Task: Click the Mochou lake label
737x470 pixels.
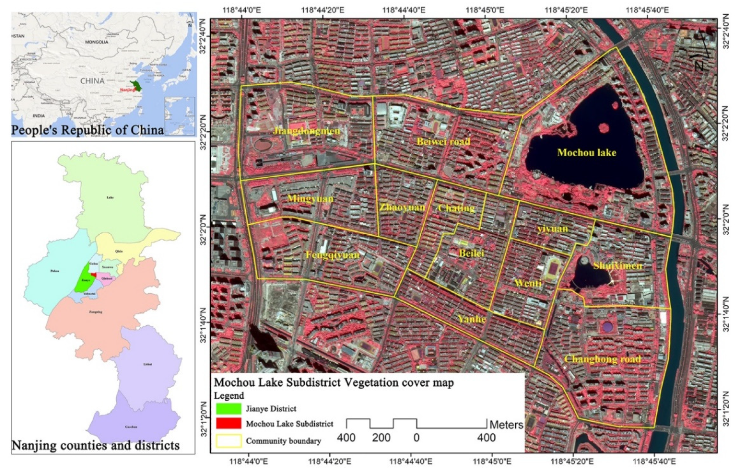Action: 587,153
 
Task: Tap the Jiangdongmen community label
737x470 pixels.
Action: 306,131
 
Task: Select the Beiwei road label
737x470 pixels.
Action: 443,142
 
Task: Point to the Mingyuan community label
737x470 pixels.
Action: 310,199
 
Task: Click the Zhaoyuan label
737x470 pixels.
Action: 402,208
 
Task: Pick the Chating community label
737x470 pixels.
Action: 456,208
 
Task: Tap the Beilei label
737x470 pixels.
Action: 471,253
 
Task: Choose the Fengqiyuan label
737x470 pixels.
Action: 333,255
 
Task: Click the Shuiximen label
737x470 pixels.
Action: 618,266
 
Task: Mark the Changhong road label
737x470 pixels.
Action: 603,359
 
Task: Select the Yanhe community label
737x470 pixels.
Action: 471,319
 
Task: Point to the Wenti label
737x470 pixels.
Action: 528,283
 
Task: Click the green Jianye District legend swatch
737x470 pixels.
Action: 228,409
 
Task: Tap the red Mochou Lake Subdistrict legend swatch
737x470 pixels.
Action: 228,423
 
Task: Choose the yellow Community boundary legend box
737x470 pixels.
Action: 228,441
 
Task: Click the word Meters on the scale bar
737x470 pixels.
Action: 506,425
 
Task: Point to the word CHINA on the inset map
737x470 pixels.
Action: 92,81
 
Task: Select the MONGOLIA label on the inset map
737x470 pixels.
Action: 97,42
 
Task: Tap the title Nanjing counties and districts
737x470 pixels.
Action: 96,446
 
